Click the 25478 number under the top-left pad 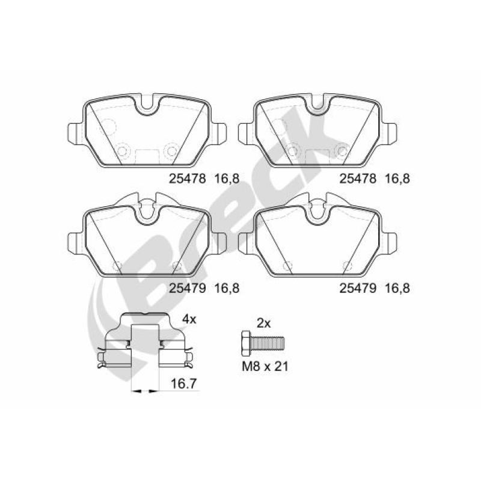(188, 178)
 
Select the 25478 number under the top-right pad (358, 178)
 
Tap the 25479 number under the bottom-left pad (188, 288)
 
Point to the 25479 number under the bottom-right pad (358, 288)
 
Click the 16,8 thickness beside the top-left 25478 (227, 179)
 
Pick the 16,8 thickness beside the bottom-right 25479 (397, 289)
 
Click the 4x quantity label (189, 320)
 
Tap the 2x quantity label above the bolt (263, 323)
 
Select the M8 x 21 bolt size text (265, 367)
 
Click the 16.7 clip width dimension (183, 384)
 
